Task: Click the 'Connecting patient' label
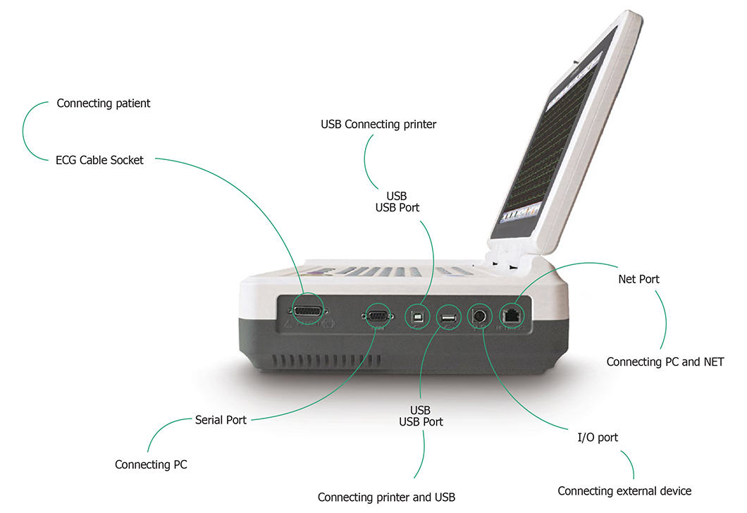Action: click(x=104, y=104)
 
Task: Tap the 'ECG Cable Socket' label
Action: click(x=99, y=160)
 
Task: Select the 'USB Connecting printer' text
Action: click(x=378, y=125)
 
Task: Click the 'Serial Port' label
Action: click(x=221, y=420)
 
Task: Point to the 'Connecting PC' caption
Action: click(x=151, y=465)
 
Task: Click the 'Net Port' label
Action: click(x=638, y=279)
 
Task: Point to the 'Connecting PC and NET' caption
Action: click(x=665, y=362)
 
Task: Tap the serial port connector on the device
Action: click(x=376, y=316)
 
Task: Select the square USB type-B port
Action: click(x=419, y=316)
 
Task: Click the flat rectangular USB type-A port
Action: click(x=448, y=319)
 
